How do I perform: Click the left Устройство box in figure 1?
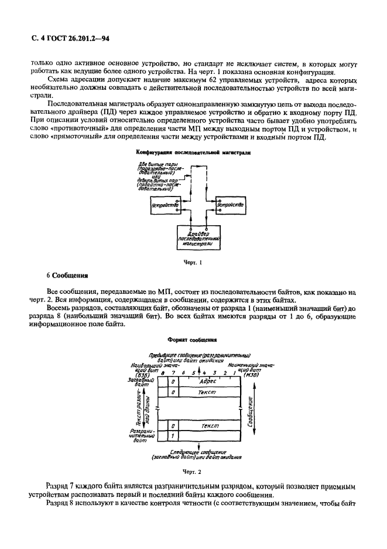(165, 205)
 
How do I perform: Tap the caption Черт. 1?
(193, 262)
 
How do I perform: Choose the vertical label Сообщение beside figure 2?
(251, 411)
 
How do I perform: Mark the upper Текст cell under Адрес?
(207, 391)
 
